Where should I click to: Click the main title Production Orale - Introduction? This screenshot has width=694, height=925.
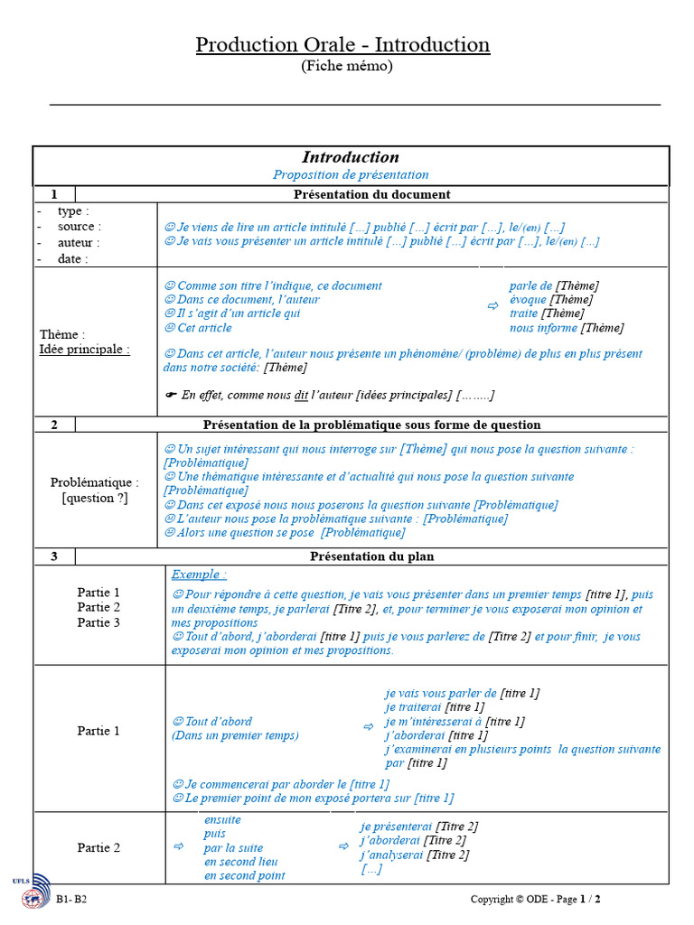(x=342, y=44)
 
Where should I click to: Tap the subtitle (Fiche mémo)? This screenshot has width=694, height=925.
(x=346, y=66)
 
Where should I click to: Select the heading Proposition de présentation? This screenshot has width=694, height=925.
(x=351, y=174)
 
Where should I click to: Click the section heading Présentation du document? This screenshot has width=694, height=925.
(x=371, y=194)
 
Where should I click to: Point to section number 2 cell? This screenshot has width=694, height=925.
(x=54, y=425)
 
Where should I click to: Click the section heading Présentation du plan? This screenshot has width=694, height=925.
(x=371, y=556)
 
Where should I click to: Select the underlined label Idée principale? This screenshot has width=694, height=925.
(x=84, y=350)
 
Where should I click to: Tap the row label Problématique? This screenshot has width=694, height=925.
(x=95, y=482)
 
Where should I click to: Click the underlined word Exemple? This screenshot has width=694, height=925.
(x=199, y=574)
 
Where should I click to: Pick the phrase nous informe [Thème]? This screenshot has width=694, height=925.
(x=566, y=328)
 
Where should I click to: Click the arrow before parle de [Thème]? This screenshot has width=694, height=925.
(x=492, y=307)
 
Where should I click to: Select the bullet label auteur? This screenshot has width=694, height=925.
(x=79, y=243)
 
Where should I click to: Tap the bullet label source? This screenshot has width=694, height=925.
(x=80, y=227)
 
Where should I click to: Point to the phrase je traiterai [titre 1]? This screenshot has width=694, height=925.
(x=434, y=707)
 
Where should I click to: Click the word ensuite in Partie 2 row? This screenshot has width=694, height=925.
(x=222, y=820)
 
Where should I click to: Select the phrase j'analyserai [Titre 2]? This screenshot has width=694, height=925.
(x=414, y=855)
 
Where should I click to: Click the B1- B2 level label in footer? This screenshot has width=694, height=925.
(x=71, y=900)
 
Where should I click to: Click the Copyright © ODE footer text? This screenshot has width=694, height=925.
(x=510, y=900)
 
